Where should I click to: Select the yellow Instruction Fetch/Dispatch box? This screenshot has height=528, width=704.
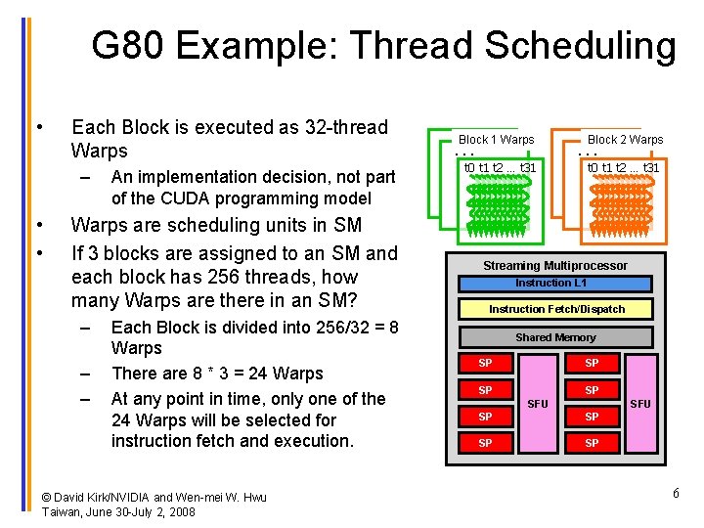[556, 309]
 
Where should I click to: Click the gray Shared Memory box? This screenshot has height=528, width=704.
[555, 337]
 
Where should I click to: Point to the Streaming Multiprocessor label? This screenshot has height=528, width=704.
[555, 266]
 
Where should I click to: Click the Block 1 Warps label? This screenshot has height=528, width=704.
[497, 140]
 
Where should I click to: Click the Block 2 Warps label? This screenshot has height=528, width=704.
[625, 140]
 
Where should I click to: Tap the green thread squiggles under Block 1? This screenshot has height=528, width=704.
[498, 206]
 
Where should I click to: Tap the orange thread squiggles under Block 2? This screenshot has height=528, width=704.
[623, 206]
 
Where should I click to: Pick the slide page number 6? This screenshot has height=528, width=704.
[676, 493]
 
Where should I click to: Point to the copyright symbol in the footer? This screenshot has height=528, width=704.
[47, 498]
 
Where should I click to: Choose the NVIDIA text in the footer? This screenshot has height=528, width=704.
[149, 498]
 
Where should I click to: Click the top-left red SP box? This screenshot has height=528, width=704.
[484, 364]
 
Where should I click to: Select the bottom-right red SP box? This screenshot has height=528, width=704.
[591, 443]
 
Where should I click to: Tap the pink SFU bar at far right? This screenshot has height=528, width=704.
[639, 403]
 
